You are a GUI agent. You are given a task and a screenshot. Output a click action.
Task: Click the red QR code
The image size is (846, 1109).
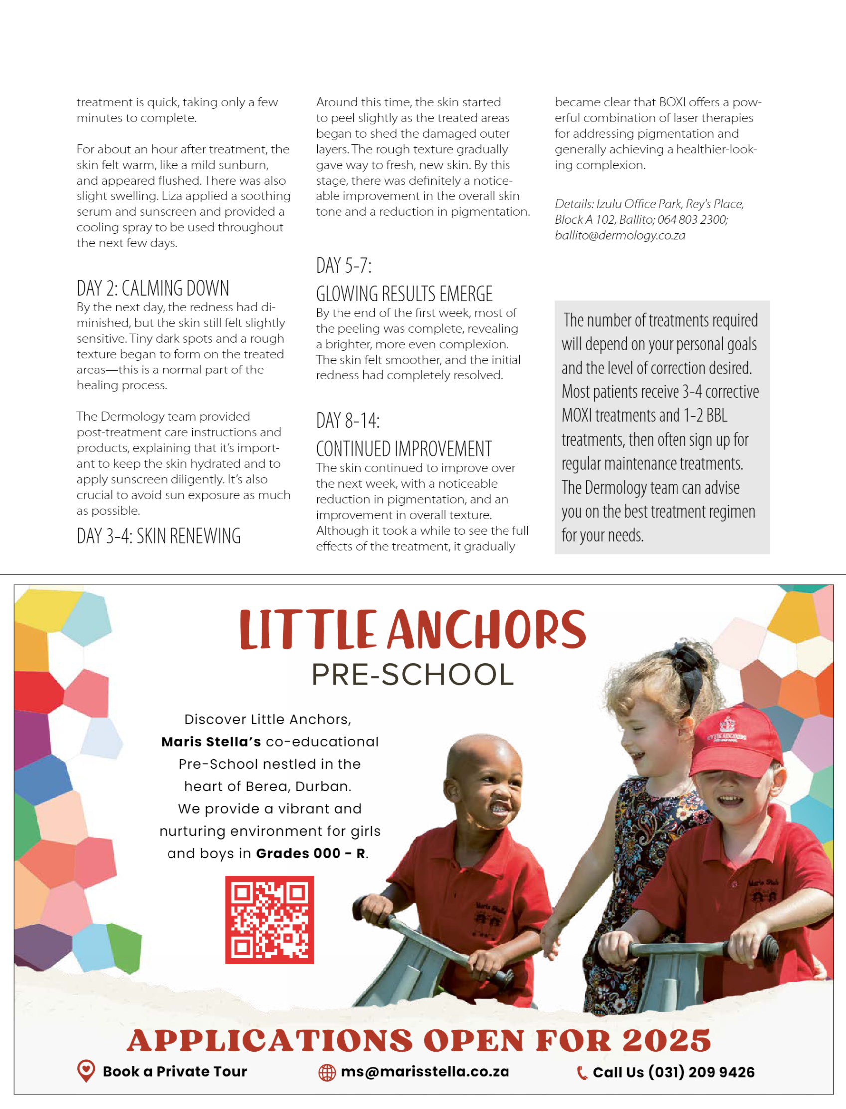(x=269, y=919)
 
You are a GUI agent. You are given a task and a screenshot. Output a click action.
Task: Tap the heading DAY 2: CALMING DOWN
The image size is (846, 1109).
(x=153, y=289)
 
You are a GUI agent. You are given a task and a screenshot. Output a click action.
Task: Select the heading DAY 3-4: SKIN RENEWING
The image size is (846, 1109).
(x=159, y=536)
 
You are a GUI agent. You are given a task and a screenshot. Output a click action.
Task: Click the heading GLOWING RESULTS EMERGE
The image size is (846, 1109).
(x=404, y=294)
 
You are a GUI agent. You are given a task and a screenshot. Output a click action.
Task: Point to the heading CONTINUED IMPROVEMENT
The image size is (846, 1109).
(x=403, y=449)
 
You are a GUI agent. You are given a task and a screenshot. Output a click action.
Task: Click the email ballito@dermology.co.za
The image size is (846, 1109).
(x=620, y=236)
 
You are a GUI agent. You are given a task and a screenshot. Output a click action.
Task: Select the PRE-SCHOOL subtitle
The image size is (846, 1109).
(x=412, y=674)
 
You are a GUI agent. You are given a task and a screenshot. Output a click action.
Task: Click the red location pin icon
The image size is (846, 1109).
(x=86, y=1070)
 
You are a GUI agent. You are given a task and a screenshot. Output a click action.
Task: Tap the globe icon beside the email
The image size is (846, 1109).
(x=327, y=1072)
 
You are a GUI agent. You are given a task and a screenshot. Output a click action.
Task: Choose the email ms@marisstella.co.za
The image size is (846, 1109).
(x=425, y=1071)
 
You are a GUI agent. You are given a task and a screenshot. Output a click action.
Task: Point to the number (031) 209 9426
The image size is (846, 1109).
(x=701, y=1072)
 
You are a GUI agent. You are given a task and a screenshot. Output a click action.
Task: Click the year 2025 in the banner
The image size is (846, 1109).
(x=666, y=1041)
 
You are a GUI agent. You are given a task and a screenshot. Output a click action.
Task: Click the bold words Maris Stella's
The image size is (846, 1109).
(x=211, y=742)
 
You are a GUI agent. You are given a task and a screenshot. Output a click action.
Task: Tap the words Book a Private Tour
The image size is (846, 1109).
(x=175, y=1071)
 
